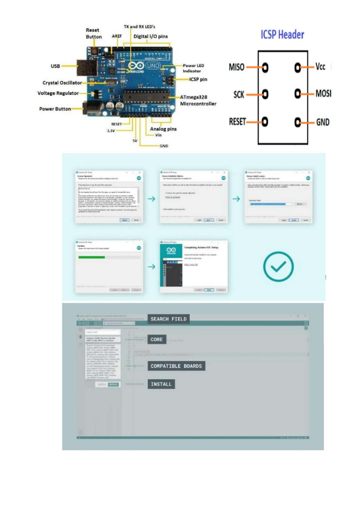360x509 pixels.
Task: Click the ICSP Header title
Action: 282,35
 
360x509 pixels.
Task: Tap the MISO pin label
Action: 236,67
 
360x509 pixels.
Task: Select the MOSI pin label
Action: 323,94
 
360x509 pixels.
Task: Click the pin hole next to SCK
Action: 265,94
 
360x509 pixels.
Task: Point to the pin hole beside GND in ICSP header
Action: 297,122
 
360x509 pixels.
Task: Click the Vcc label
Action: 320,66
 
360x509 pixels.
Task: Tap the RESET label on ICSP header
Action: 237,122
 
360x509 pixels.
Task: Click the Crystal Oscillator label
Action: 62,83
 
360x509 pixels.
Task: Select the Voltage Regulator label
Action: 58,93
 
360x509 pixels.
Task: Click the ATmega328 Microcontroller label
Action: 198,100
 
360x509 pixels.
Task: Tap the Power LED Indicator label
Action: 193,68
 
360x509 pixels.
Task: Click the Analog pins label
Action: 163,129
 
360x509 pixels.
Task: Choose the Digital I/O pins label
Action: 151,36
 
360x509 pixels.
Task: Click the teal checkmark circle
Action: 278,267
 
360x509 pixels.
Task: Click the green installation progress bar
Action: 91,257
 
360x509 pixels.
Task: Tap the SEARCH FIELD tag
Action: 168,319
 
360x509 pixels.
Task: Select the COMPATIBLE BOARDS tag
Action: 176,366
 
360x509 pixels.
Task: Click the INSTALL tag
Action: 161,384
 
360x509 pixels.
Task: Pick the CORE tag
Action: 157,339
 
